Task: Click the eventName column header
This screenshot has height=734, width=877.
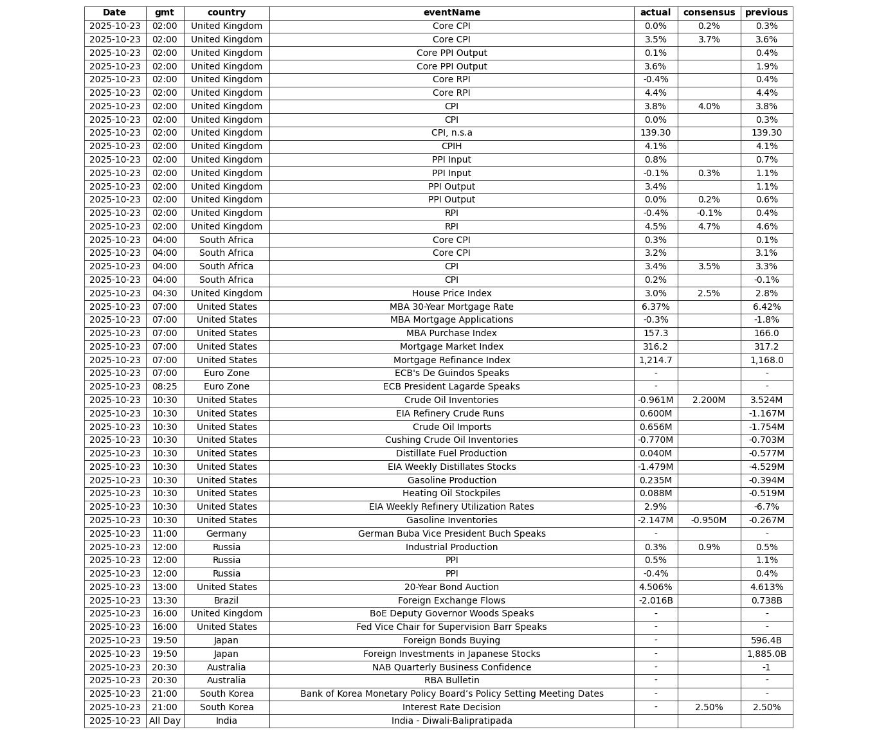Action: pyautogui.click(x=451, y=13)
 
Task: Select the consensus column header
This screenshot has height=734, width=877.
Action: pyautogui.click(x=709, y=13)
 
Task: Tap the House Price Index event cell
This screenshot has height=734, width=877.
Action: pyautogui.click(x=451, y=293)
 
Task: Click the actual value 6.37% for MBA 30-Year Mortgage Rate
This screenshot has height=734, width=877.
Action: pyautogui.click(x=655, y=307)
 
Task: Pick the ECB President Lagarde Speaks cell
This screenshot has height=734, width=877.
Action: pyautogui.click(x=451, y=387)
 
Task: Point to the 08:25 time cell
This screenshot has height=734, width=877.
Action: pyautogui.click(x=165, y=387)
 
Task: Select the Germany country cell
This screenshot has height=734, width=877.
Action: pyautogui.click(x=226, y=533)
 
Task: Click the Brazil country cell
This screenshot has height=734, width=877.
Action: pyautogui.click(x=226, y=600)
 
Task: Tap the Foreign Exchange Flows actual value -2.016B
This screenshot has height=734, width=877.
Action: pyautogui.click(x=655, y=600)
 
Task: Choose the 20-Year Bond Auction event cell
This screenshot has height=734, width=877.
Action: pyautogui.click(x=451, y=587)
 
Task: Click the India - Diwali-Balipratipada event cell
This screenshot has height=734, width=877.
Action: pyautogui.click(x=451, y=721)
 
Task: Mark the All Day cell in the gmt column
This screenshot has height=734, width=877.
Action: pyautogui.click(x=165, y=721)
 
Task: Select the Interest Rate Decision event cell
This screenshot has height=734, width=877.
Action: pyautogui.click(x=451, y=707)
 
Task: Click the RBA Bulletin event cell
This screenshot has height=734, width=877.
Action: pyautogui.click(x=451, y=681)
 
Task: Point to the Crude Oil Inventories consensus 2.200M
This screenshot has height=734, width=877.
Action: pyautogui.click(x=709, y=400)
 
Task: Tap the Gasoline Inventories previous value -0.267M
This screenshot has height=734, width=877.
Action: pyautogui.click(x=766, y=520)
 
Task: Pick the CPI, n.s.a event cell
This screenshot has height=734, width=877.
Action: pyautogui.click(x=451, y=133)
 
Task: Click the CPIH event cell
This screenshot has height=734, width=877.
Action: pyautogui.click(x=451, y=147)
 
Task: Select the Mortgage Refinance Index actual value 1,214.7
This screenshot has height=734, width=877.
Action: pyautogui.click(x=655, y=360)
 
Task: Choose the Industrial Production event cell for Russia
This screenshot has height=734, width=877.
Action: pyautogui.click(x=451, y=547)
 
